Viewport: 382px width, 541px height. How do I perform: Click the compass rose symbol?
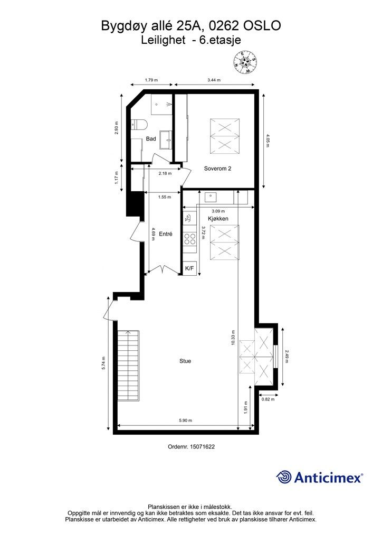pyautogui.click(x=245, y=62)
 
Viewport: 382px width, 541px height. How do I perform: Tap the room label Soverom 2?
pyautogui.click(x=217, y=169)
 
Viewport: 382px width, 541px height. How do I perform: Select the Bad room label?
pyautogui.click(x=151, y=139)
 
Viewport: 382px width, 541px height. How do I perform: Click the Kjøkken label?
pyautogui.click(x=218, y=218)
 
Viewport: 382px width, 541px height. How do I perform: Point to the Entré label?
pyautogui.click(x=165, y=234)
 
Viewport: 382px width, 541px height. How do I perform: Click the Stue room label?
pyautogui.click(x=185, y=361)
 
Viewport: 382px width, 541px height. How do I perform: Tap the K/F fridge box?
pyautogui.click(x=189, y=268)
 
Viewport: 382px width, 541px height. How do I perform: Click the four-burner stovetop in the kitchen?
pyautogui.click(x=189, y=239)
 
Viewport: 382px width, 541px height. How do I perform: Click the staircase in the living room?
pyautogui.click(x=129, y=366)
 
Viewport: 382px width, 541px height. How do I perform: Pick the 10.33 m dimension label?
pyautogui.click(x=233, y=337)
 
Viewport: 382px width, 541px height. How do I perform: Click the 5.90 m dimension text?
pyautogui.click(x=185, y=420)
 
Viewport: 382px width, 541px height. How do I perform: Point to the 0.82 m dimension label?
pyautogui.click(x=268, y=399)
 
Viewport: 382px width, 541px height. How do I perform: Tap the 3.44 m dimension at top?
pyautogui.click(x=214, y=80)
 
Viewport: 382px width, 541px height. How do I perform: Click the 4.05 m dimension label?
pyautogui.click(x=268, y=141)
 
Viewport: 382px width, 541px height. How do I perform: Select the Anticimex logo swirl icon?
pyautogui.click(x=284, y=477)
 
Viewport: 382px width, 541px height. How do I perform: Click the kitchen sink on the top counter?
pyautogui.click(x=211, y=198)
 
